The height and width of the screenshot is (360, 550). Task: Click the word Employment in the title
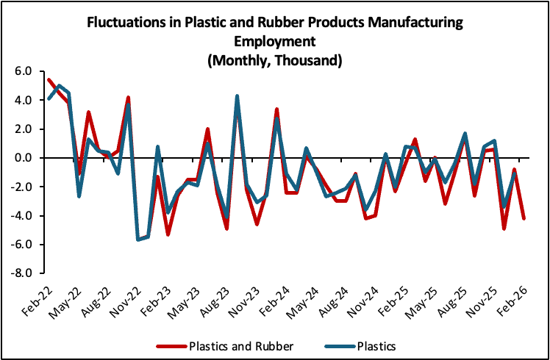pyautogui.click(x=274, y=42)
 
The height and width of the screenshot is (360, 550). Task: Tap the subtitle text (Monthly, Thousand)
pyautogui.click(x=274, y=60)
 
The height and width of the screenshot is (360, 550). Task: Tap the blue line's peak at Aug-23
pyautogui.click(x=237, y=96)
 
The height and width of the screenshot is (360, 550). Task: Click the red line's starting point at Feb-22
pyautogui.click(x=49, y=79)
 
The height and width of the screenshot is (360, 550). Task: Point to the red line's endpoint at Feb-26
pyautogui.click(x=523, y=218)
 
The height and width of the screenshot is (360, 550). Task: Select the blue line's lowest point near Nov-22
pyautogui.click(x=137, y=240)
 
